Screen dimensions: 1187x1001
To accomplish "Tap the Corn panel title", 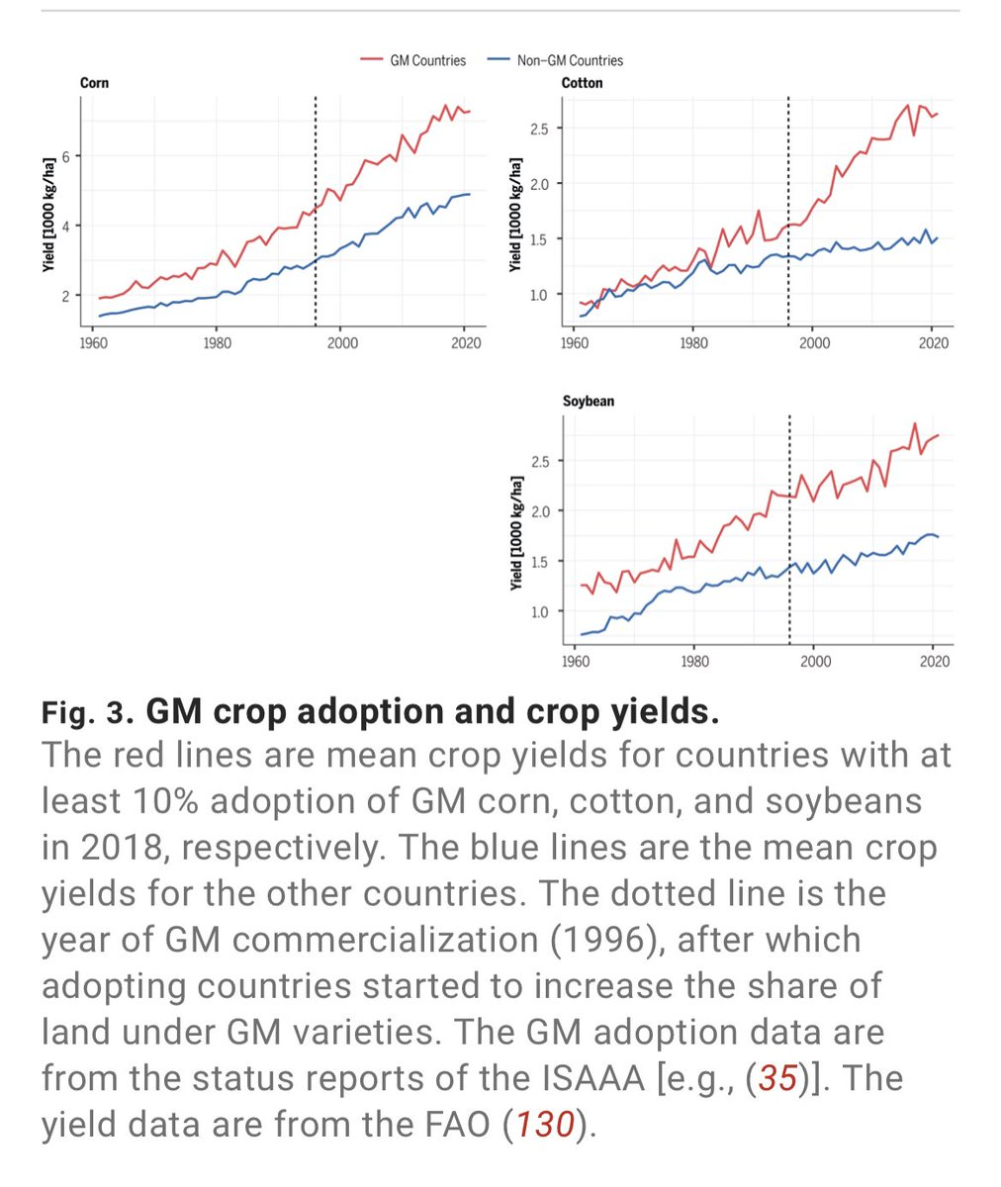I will (x=94, y=83).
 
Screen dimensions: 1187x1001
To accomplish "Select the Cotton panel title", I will (x=582, y=83).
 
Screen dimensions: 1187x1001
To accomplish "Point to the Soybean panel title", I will (x=589, y=402).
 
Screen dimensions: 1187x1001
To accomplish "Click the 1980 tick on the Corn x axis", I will (x=218, y=343).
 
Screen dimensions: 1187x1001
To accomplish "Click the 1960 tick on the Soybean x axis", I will (x=575, y=661).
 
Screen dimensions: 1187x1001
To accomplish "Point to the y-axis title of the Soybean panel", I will (x=516, y=534).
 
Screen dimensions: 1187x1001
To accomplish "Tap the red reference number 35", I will (x=776, y=1077).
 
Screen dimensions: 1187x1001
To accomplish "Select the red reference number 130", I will (x=545, y=1124).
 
